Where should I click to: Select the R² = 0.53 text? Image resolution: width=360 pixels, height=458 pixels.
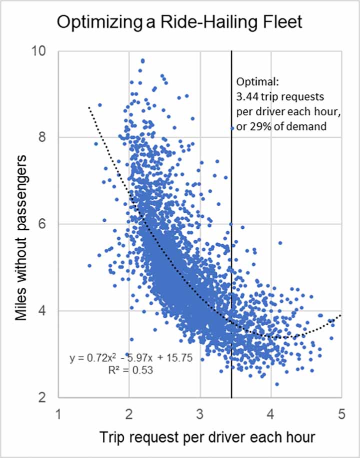(x=129, y=371)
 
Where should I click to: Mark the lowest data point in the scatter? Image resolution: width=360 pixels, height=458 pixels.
(x=277, y=384)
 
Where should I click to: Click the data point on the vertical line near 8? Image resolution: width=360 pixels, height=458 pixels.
(x=232, y=128)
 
